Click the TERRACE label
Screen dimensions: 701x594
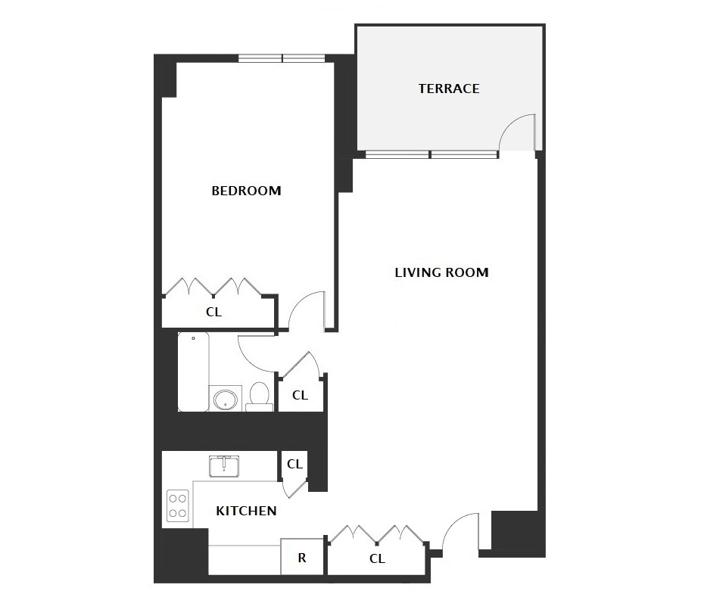[449, 89]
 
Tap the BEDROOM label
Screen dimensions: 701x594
[246, 191]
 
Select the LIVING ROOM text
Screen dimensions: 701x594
[441, 272]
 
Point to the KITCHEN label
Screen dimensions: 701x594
[246, 511]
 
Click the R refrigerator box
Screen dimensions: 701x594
[302, 557]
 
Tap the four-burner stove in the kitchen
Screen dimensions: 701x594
[177, 505]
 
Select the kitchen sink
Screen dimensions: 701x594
[224, 467]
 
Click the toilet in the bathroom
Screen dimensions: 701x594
[260, 397]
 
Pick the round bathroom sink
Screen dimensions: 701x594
[226, 399]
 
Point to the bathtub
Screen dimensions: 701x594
[193, 372]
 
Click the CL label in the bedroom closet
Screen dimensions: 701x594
[213, 312]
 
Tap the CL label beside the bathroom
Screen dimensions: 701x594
[300, 395]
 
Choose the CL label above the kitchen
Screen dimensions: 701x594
[294, 465]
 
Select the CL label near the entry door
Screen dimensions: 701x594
[377, 558]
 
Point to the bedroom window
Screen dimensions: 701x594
[281, 58]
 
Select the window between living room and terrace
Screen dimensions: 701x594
[431, 154]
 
